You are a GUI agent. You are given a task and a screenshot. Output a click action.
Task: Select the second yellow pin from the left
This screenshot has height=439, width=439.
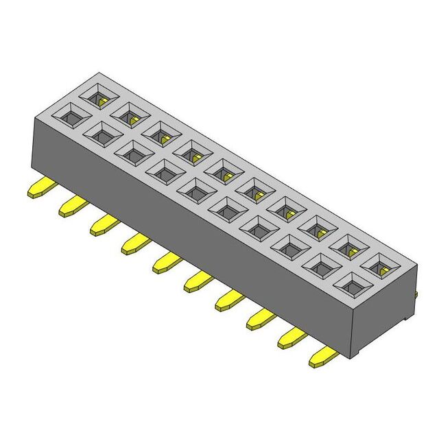(x=71, y=205)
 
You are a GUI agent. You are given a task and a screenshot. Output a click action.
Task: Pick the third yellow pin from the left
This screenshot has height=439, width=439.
(x=102, y=224)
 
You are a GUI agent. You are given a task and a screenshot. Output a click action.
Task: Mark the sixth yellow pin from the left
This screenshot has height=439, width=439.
(x=198, y=280)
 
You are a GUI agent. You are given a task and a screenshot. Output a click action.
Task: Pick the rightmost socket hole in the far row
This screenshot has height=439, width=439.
(x=381, y=263)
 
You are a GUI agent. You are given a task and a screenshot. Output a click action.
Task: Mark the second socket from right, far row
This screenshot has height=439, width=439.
(x=349, y=245)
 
